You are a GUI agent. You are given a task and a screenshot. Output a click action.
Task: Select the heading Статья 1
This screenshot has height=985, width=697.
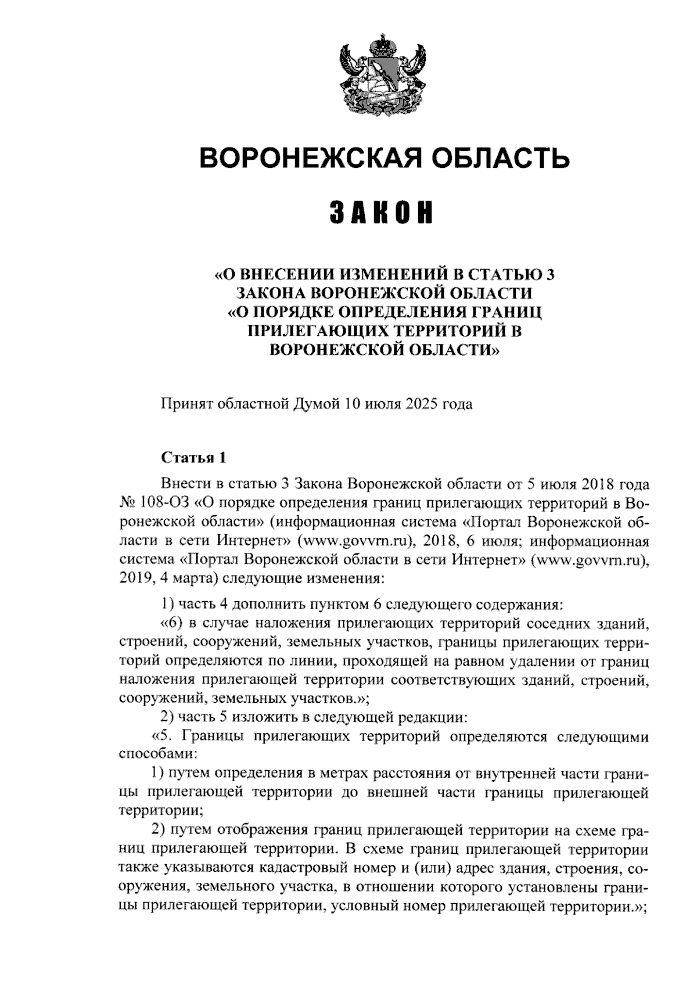tap(193, 458)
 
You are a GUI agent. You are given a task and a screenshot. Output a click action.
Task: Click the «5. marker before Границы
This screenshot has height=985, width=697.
tap(163, 736)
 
